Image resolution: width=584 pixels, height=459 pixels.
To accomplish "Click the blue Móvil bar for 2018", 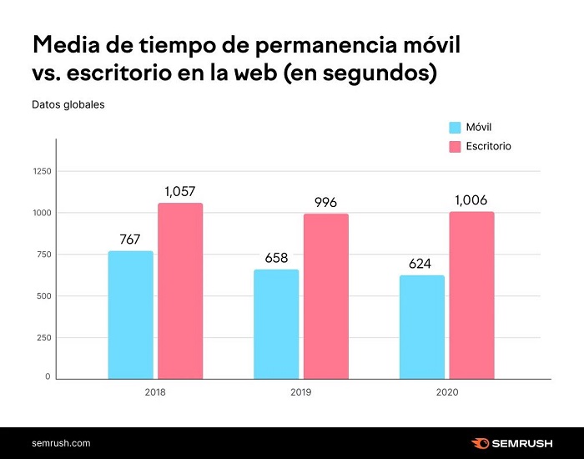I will [131, 315].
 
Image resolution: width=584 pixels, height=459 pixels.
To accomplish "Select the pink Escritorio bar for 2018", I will [180, 290].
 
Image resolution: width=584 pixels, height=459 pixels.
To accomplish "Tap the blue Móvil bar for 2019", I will [276, 324].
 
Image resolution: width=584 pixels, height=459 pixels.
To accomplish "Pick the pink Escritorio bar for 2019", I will [326, 295].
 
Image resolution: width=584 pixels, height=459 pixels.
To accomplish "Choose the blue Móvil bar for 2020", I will [422, 326].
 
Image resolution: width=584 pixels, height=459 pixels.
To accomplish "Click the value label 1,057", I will [180, 191].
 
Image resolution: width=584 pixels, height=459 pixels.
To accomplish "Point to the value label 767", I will [130, 240].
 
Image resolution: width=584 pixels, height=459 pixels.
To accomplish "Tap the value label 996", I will [326, 202].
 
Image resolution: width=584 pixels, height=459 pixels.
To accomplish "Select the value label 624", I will [422, 264].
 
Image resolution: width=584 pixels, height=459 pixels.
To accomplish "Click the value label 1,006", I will [471, 200].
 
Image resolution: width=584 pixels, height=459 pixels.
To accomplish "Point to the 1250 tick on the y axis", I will [42, 172].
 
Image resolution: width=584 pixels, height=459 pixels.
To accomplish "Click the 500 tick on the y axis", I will [43, 296].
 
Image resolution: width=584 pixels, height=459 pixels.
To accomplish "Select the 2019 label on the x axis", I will [300, 391].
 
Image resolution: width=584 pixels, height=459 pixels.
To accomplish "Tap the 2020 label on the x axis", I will [446, 391].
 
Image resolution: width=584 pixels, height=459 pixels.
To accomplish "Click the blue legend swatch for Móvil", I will [456, 128].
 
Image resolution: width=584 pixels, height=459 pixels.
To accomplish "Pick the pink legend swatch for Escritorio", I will [456, 146].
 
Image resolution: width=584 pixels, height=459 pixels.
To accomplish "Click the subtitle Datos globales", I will [68, 105].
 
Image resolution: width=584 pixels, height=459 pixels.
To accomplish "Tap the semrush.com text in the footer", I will [61, 443].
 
